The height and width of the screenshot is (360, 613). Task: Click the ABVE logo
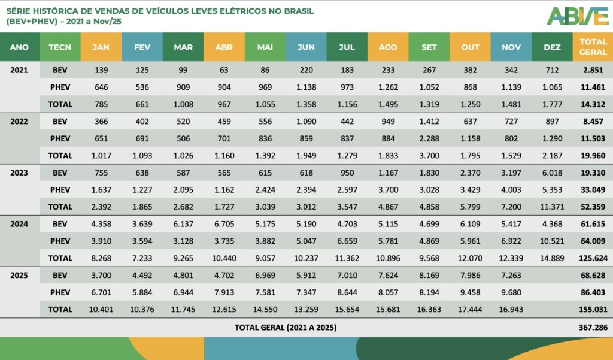coord(578,16)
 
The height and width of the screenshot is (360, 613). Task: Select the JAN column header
coord(101,47)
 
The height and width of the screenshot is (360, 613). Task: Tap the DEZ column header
coord(551,47)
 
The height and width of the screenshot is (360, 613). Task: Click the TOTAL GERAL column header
coord(593,47)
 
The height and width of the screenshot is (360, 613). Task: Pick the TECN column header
coord(60,47)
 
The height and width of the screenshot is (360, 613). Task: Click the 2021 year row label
coord(19,69)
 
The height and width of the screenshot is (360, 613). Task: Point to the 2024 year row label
coord(19,224)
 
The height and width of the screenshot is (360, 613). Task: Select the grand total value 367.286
coord(593,328)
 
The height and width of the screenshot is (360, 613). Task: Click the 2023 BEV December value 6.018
coord(551,173)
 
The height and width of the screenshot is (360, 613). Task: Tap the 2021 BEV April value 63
coord(224,69)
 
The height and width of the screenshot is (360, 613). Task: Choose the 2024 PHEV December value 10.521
coord(551,241)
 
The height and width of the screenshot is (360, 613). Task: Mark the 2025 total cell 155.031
coord(593,310)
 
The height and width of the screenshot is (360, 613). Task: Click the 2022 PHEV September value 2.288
coord(429,138)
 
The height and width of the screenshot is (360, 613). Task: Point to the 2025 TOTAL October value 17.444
coord(470,310)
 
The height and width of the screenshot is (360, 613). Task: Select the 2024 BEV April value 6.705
coord(224,224)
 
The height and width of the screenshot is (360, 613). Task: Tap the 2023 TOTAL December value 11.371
coord(551,207)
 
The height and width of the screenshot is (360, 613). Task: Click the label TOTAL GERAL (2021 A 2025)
coord(286,328)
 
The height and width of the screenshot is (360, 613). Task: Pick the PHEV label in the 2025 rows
coord(60,293)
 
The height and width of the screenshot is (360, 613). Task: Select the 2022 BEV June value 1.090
coord(306,121)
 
